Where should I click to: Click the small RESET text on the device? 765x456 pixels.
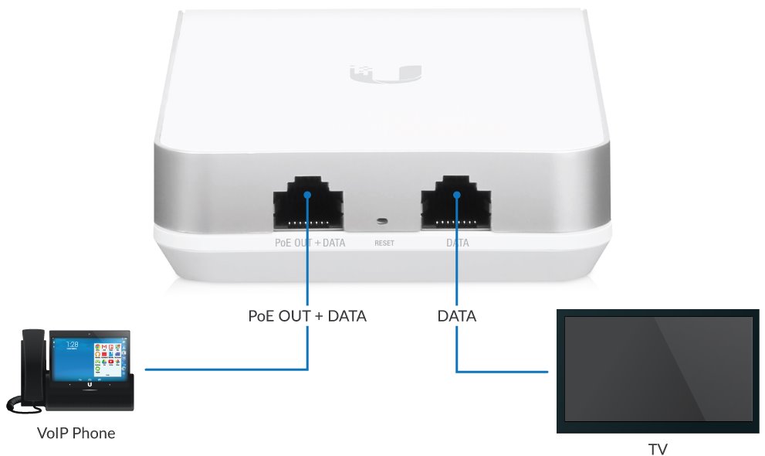pyautogui.click(x=384, y=243)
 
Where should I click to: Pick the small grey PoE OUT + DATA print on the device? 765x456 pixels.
pyautogui.click(x=310, y=243)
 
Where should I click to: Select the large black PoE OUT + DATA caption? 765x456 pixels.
pyautogui.click(x=307, y=316)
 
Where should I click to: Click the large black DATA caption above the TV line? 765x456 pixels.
pyautogui.click(x=456, y=316)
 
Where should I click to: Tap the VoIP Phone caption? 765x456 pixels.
pyautogui.click(x=76, y=433)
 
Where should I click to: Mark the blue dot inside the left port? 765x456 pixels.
pyautogui.click(x=308, y=196)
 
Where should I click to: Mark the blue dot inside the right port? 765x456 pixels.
pyautogui.click(x=456, y=196)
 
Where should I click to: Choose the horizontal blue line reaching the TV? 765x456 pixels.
pyautogui.click(x=502, y=372)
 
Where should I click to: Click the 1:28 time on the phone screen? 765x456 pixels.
pyautogui.click(x=72, y=344)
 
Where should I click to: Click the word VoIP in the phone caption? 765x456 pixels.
pyautogui.click(x=53, y=433)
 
